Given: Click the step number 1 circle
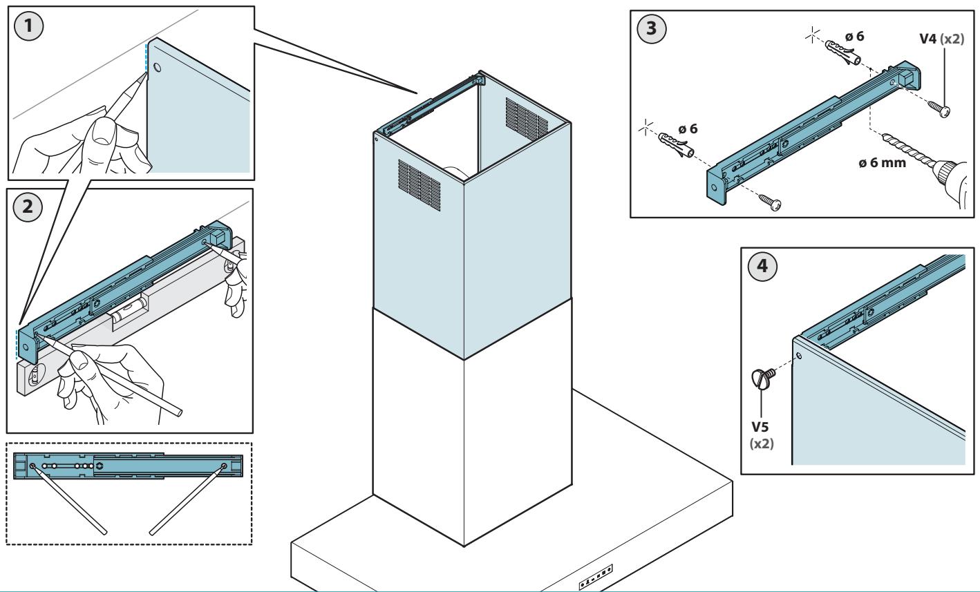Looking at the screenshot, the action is (x=28, y=26).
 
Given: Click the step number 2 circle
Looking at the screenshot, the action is (x=28, y=207).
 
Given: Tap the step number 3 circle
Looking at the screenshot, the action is (x=652, y=28).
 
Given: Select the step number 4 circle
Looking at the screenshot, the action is (x=762, y=266).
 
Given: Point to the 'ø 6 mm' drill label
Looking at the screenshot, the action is (x=882, y=162).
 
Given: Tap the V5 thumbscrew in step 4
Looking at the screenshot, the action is (x=764, y=378).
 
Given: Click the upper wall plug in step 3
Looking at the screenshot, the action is (x=843, y=52).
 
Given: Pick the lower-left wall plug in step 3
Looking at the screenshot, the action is (x=677, y=145).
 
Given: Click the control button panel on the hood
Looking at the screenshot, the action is (x=596, y=577).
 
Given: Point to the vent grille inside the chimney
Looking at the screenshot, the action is (x=527, y=119).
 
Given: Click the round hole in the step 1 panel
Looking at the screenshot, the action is (x=158, y=67).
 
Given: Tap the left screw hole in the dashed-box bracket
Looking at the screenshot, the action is (x=32, y=466).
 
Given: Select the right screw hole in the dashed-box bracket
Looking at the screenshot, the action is (x=224, y=466).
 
